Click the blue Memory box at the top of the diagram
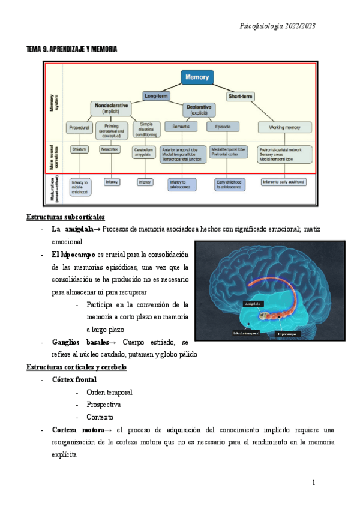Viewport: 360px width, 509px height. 197,78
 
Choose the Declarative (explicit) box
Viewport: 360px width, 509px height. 199,110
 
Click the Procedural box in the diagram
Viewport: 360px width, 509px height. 79,127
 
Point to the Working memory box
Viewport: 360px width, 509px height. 284,127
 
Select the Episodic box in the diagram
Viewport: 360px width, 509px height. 223,127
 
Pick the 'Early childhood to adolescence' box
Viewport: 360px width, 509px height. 231,184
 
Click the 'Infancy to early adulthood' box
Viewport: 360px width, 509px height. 285,181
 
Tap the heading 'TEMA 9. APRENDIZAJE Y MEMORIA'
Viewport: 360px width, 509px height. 71,49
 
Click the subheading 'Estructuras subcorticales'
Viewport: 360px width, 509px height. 66,217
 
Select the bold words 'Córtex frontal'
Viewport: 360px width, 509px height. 74,380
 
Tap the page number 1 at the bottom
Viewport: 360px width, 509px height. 313,483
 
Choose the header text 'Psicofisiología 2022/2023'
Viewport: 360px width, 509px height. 277,26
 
